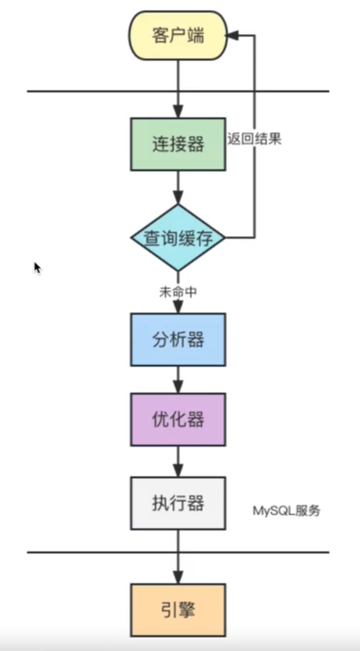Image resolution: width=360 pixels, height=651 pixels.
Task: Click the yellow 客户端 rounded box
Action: [178, 36]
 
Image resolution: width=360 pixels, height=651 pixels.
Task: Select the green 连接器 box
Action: [178, 144]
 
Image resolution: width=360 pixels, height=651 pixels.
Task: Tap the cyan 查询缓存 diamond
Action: [178, 238]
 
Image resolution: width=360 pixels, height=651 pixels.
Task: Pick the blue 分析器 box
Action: [178, 340]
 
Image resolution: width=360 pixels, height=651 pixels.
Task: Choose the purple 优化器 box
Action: [178, 419]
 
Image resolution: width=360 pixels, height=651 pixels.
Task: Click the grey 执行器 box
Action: [178, 503]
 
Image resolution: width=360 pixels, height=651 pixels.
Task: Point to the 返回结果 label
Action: [254, 139]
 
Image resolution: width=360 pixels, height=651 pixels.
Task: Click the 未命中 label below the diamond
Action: [178, 292]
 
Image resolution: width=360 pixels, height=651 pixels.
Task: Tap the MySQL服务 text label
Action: [286, 511]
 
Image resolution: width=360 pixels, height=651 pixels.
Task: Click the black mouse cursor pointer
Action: [37, 267]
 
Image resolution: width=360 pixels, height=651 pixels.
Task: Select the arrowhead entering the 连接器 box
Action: [178, 112]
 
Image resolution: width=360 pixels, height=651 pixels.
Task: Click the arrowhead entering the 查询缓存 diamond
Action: [178, 198]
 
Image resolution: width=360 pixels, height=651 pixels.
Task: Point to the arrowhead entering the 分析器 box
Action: [178, 308]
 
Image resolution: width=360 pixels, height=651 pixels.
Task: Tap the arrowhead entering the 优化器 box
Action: [178, 387]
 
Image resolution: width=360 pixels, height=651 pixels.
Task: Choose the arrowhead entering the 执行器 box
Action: [178, 471]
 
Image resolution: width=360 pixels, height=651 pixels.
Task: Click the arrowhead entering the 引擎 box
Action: [178, 578]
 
